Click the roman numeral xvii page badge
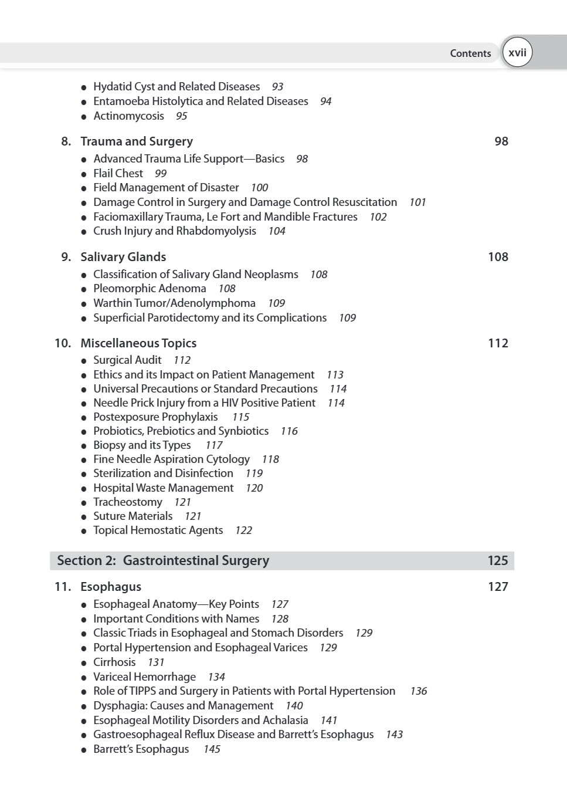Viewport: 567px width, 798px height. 517,53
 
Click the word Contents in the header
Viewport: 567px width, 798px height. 470,53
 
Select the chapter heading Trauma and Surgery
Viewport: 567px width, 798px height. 137,141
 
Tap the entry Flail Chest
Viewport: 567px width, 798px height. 118,174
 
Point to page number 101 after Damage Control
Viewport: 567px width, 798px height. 417,202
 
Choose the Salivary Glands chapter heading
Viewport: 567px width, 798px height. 123,257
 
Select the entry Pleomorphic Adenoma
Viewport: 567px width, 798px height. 150,289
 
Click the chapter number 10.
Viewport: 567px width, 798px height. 62,343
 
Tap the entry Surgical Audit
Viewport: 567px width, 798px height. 127,360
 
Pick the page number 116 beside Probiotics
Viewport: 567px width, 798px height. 289,431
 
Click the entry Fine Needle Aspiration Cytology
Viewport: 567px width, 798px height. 171,459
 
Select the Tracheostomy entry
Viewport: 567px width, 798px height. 128,502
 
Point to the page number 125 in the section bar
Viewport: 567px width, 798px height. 498,561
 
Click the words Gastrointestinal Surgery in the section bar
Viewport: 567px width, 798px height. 196,561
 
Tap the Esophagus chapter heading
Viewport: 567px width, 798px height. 111,587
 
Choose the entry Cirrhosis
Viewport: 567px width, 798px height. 114,662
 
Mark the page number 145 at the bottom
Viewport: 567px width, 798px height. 212,749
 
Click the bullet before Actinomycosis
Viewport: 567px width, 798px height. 84,117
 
